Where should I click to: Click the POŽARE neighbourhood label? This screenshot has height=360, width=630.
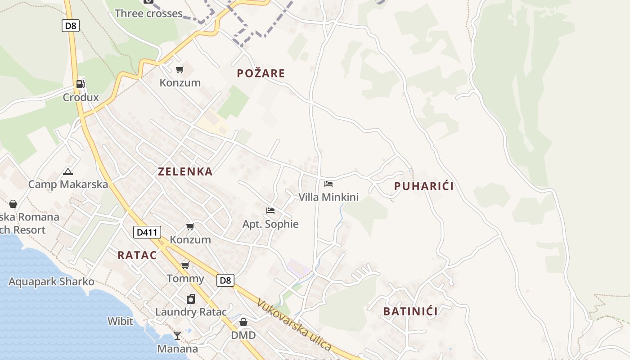(261, 73)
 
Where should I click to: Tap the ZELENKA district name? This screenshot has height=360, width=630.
(185, 171)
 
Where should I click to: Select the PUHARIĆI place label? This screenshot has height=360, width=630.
(424, 186)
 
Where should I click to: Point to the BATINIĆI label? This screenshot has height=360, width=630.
(410, 311)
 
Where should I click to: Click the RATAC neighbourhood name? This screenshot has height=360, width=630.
(137, 256)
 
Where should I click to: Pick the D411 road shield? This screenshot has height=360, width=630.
(147, 233)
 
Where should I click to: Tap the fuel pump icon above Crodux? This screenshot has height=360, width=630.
(81, 84)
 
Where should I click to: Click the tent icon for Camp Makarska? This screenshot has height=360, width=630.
(68, 171)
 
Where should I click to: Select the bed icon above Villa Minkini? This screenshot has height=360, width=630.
(328, 184)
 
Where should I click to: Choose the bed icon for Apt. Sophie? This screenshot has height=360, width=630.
(270, 211)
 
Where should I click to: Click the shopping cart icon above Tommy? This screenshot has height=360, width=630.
(185, 265)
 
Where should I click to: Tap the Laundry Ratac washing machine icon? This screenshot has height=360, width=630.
(191, 299)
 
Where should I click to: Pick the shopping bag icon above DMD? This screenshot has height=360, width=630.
(243, 322)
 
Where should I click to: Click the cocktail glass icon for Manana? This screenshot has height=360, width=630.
(177, 336)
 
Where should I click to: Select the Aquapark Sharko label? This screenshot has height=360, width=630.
(51, 282)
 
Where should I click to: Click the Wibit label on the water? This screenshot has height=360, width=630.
(120, 321)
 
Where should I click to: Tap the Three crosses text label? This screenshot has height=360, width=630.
(148, 13)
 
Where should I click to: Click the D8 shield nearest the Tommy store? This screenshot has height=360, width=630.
(225, 280)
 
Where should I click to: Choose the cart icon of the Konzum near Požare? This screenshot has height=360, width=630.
(180, 69)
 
